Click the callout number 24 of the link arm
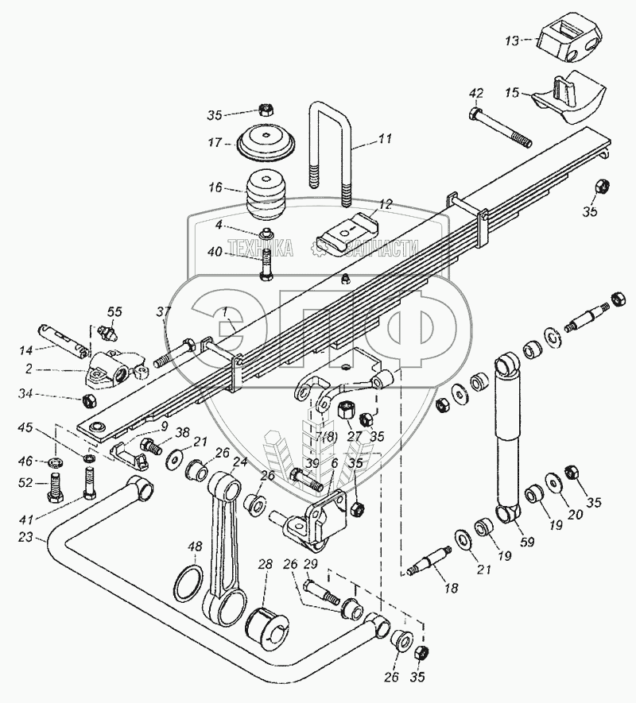coord(238,462)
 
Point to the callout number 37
coord(163,311)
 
